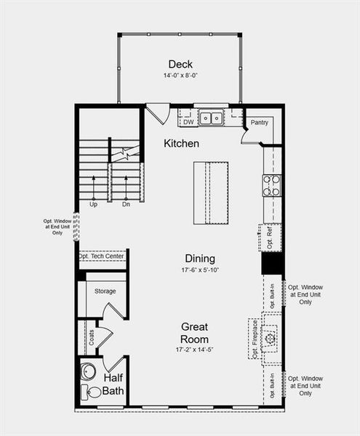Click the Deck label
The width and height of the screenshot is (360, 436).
180,64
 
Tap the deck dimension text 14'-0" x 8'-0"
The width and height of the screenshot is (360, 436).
180,76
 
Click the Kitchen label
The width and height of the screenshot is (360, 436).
181,144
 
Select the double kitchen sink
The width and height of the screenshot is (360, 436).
212,118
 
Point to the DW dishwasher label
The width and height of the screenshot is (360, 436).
188,122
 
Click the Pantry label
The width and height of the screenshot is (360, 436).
260,123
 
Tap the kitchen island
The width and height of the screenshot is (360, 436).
209,193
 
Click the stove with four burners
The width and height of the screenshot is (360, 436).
271,186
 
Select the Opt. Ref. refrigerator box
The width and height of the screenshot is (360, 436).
270,238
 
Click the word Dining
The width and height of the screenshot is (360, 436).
199,259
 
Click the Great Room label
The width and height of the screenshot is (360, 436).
195,333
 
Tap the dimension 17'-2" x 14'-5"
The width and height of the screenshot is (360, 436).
195,350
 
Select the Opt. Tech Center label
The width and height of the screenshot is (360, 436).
102,257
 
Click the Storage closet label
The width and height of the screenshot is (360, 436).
105,291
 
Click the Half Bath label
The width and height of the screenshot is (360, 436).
114,384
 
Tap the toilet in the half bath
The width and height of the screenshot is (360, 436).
92,393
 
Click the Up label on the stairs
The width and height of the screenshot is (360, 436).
93,204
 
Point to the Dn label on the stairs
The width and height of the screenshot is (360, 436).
126,204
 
